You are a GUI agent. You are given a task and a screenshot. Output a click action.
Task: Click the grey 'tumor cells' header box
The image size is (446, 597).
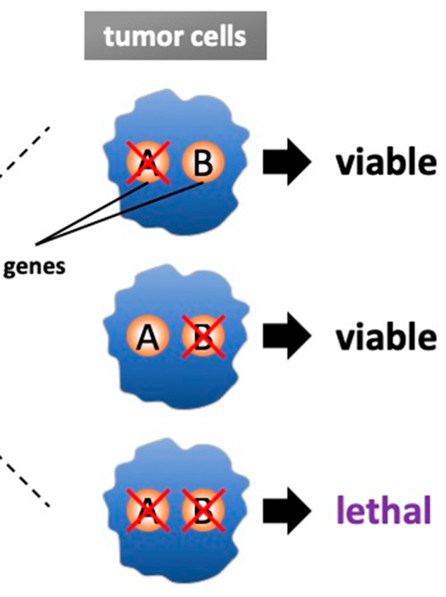coord(175,35)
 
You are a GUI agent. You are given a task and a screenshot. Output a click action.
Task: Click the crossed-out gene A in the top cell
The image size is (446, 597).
coord(147,163)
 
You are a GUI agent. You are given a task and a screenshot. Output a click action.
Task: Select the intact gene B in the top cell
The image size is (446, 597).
coord(203,163)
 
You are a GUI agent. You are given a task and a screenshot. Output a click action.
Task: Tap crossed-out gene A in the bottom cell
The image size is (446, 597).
coord(147,509)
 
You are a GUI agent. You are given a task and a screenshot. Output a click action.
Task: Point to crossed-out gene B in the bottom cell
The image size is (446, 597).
coord(203,509)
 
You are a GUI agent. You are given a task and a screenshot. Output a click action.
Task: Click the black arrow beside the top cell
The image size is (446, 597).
coord(286,163)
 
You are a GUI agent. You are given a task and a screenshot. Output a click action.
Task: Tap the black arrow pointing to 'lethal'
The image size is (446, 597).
coord(286,509)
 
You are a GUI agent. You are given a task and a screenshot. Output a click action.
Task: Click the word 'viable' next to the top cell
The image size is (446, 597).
coord(385,163)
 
